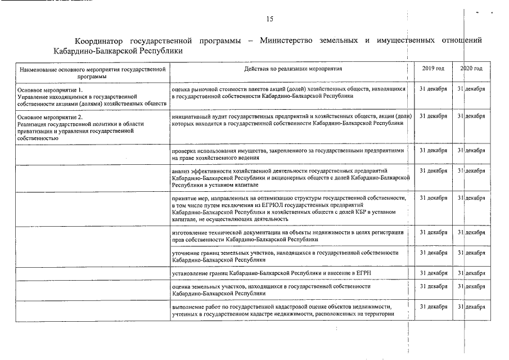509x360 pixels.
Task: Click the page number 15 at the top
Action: click(x=269, y=19)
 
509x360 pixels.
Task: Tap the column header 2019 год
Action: click(x=433, y=69)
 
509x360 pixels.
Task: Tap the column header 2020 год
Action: click(x=471, y=69)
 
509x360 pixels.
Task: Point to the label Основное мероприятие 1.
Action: click(x=50, y=90)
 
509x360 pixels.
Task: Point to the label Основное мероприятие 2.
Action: click(x=50, y=116)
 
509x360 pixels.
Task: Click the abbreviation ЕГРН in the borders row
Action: click(x=362, y=273)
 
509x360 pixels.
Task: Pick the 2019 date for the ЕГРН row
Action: click(x=433, y=273)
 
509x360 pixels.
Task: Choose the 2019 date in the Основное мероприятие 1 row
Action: click(x=433, y=89)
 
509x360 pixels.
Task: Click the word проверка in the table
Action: click(x=185, y=151)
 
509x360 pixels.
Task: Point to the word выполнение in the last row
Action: click(x=188, y=307)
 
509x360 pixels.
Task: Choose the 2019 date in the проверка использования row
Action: click(x=433, y=151)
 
